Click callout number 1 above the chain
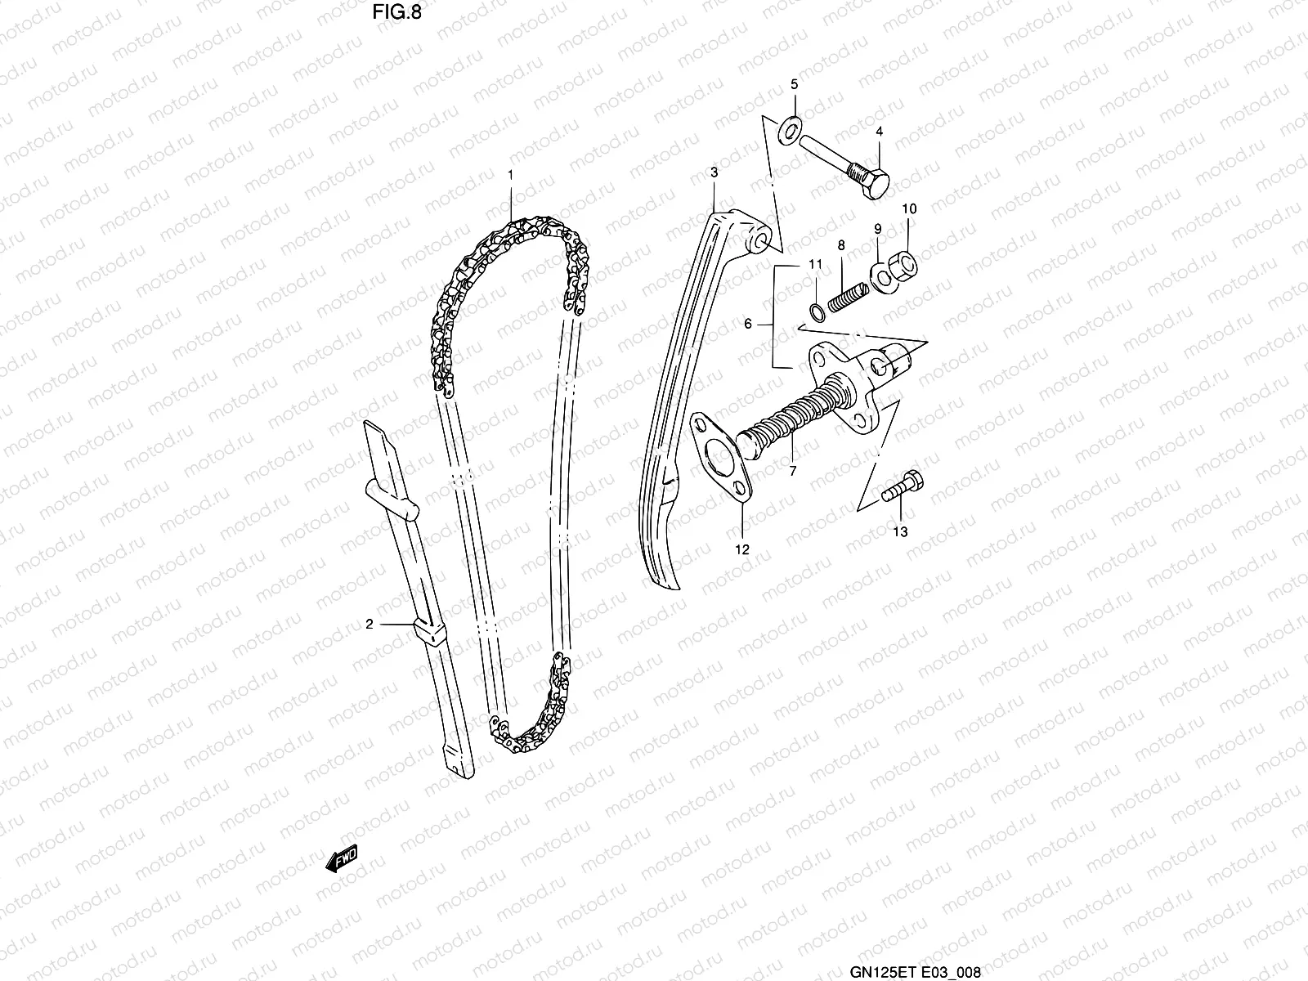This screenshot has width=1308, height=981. tap(510, 175)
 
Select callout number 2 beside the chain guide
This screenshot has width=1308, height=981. tap(370, 625)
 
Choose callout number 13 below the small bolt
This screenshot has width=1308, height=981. tap(899, 532)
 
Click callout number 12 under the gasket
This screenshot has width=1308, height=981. tap(742, 550)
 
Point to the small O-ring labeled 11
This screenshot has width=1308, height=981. tap(816, 310)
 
